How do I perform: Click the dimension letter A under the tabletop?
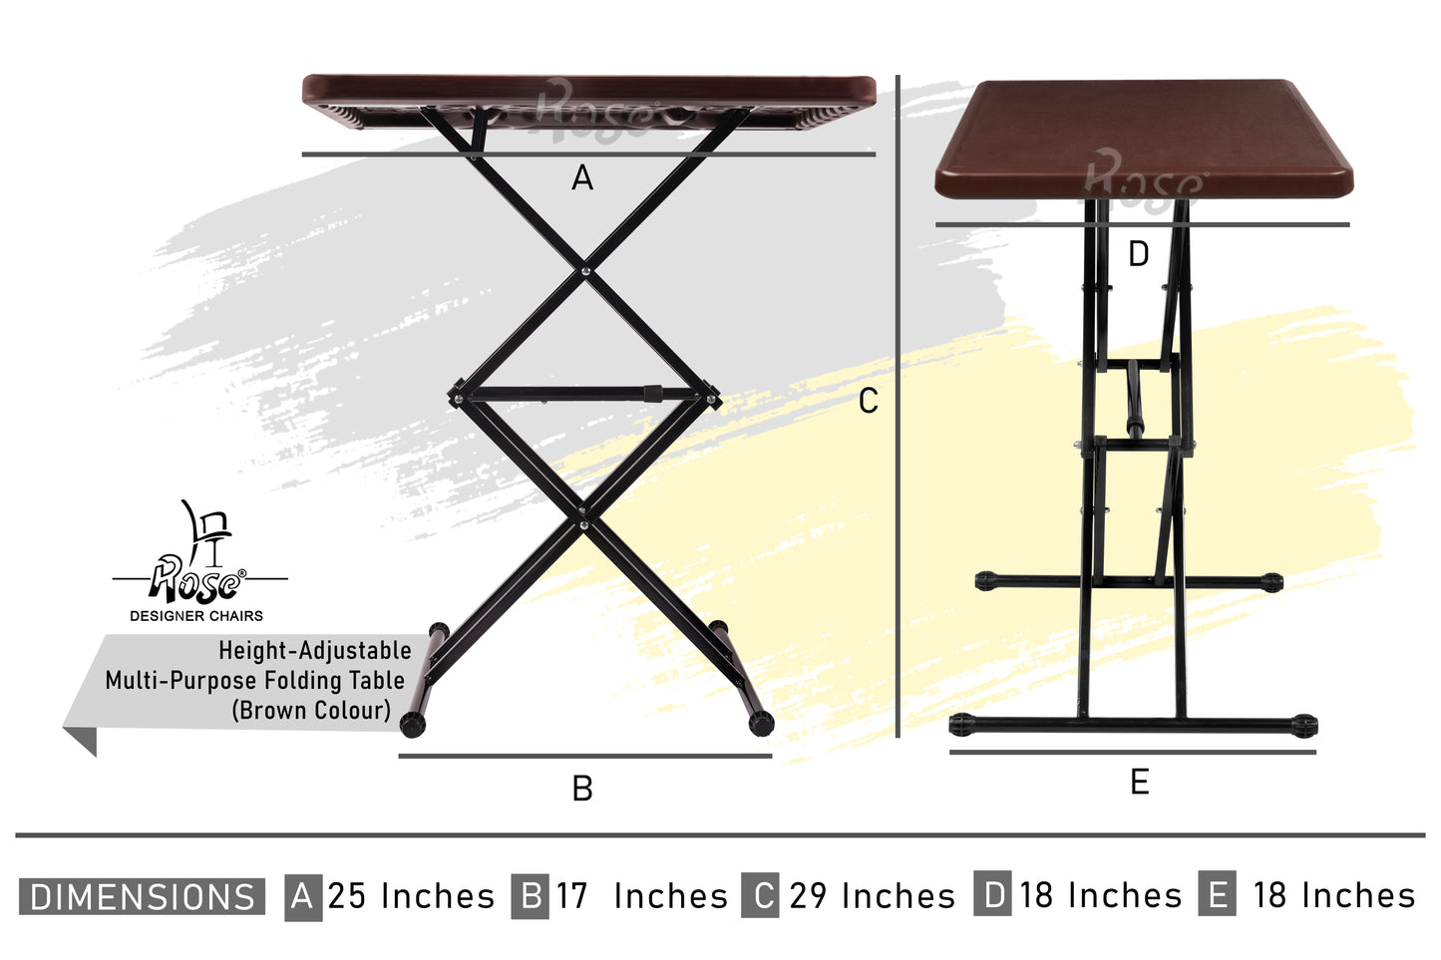pos(582,177)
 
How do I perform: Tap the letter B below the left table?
pos(582,788)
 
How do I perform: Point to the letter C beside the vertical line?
pos(868,401)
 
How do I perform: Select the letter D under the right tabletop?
pos(1138,254)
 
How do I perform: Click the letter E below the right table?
pos(1139,783)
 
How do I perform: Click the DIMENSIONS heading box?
pos(142,896)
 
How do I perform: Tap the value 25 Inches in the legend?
pos(411,895)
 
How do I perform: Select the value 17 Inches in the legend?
pos(641,895)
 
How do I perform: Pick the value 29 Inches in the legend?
pos(872,895)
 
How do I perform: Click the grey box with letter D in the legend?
pos(992,894)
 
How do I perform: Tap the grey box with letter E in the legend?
pos(1218,894)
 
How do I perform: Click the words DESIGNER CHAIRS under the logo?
pos(196,616)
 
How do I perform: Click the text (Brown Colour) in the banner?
pos(311,711)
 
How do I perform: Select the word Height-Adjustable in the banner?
pos(315,651)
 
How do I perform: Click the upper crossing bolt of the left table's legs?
pos(584,272)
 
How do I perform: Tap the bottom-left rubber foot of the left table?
pos(413,725)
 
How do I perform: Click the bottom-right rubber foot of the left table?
pos(762,724)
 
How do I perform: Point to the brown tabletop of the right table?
pos(1145,139)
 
